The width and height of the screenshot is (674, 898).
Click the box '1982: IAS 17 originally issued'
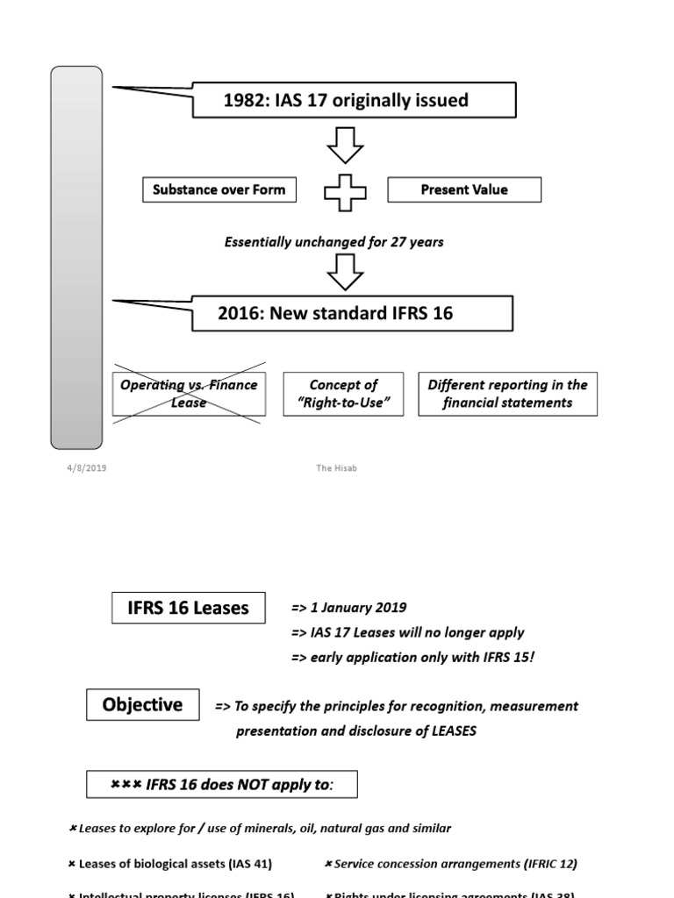pos(355,100)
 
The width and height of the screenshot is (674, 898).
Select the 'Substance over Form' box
pos(219,189)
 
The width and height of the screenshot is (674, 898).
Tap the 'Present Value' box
pos(464,189)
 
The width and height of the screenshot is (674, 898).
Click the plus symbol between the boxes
pos(345,190)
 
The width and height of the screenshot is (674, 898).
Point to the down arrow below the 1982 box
pos(345,144)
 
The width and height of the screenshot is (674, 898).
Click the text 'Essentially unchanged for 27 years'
pos(333,242)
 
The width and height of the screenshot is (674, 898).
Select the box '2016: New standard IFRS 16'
pos(351,313)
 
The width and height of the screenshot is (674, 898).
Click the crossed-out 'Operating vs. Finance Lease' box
pos(189,394)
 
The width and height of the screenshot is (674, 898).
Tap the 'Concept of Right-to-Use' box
pos(343,394)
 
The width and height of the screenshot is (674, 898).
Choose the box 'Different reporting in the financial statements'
pos(507,394)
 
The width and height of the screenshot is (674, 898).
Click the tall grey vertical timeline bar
pos(76,256)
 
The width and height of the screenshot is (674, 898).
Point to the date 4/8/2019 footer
pos(86,468)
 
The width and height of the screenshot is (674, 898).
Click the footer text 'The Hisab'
pos(336,468)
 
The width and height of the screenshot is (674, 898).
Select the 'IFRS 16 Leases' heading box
pos(189,608)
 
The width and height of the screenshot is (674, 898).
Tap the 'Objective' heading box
pos(142,705)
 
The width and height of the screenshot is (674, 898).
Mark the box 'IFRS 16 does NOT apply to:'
pos(222,785)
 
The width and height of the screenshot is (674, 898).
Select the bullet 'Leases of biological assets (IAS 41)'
pos(171,864)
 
